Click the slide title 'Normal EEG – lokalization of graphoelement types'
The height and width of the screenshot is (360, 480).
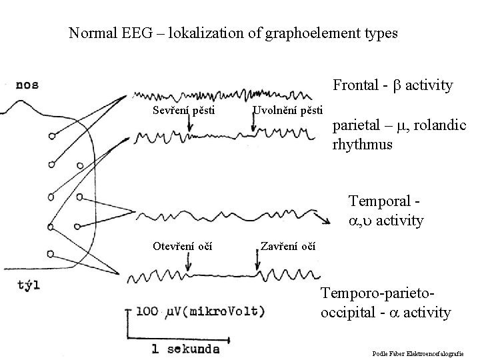233,33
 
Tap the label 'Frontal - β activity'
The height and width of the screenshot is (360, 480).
393,85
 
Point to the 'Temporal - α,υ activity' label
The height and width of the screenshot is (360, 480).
386,212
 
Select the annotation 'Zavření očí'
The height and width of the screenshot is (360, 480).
287,247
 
